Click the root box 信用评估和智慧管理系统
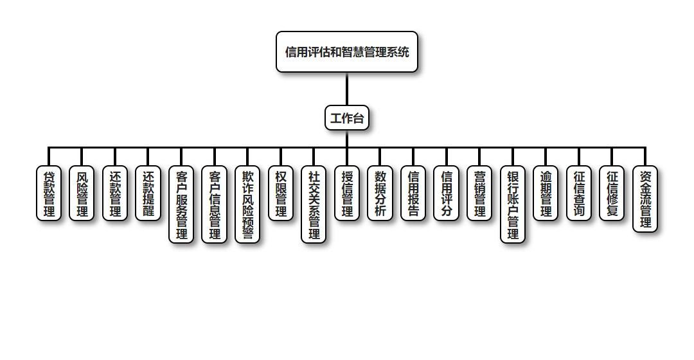click(x=347, y=52)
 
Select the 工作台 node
click(x=347, y=118)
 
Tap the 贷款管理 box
click(x=49, y=194)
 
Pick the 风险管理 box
click(x=82, y=194)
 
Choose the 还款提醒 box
click(x=148, y=194)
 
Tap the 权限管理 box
click(x=280, y=194)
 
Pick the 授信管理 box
click(x=347, y=194)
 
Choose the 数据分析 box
click(x=380, y=194)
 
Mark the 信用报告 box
click(x=413, y=194)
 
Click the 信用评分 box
click(x=446, y=194)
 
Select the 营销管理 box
click(x=479, y=194)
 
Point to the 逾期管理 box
click(x=546, y=194)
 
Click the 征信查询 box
click(x=579, y=194)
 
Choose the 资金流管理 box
click(x=645, y=199)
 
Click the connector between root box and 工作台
click(x=347, y=89)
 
